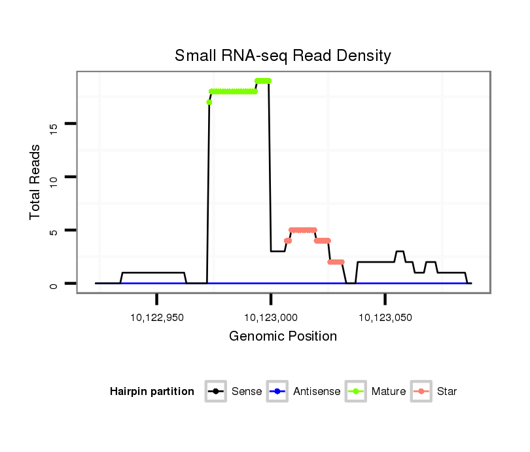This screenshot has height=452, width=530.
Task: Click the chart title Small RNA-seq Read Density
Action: coord(283,56)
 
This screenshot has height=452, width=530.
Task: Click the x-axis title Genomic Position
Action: coord(283,337)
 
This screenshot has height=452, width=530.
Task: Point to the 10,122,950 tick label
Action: coord(157,318)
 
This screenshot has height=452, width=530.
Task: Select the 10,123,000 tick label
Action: coord(271,318)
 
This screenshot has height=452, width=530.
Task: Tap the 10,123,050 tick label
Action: coord(385,318)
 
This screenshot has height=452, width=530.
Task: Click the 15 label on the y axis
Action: coord(54,124)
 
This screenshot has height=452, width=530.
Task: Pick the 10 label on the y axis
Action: coord(54,178)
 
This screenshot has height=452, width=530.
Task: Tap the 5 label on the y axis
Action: coord(54,231)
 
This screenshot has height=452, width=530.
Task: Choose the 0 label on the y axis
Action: coord(54,284)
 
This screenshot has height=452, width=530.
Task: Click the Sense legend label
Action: coord(247,392)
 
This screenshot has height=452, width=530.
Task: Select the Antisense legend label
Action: coord(317,392)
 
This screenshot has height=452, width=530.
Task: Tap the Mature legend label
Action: coord(389,392)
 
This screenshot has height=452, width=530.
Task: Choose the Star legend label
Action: coord(447,392)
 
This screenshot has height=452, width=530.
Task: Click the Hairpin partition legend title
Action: coord(152,392)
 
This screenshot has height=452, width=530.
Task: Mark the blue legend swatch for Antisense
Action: coord(277,392)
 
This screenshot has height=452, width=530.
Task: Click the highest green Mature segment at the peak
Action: coord(263,81)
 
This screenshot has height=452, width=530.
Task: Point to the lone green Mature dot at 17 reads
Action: coord(209,102)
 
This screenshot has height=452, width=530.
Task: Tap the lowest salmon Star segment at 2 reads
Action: coord(336,262)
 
